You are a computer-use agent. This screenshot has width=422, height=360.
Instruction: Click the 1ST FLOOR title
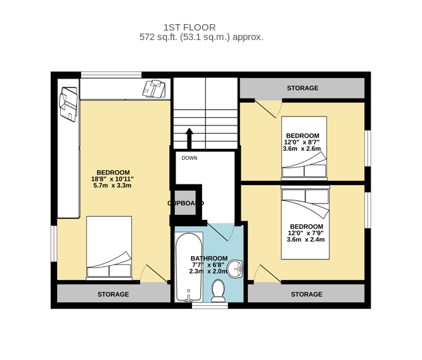(189, 27)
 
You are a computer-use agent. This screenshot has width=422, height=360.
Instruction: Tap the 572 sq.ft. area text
(201, 37)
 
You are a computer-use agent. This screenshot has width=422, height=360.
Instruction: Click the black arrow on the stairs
(189, 138)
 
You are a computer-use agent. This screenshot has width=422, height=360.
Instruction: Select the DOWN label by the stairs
(189, 158)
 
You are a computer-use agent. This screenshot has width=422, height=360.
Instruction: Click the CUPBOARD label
(186, 203)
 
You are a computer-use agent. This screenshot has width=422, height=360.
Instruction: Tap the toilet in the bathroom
(218, 291)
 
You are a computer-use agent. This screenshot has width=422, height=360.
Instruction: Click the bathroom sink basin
(235, 269)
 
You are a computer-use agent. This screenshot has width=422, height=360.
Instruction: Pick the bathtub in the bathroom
(189, 267)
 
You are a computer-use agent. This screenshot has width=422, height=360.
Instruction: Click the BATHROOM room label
(209, 259)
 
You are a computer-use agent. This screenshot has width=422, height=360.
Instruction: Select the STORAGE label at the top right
(302, 88)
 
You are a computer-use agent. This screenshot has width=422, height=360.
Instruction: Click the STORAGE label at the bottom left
(113, 294)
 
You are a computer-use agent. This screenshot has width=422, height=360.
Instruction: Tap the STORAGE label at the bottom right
(307, 294)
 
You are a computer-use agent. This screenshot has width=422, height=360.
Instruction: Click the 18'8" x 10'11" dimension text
(112, 179)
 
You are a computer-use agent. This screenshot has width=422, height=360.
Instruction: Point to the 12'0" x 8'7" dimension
(302, 142)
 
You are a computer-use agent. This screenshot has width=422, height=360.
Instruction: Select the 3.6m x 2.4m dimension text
(306, 240)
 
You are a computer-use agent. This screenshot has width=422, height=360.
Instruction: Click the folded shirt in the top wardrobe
(154, 89)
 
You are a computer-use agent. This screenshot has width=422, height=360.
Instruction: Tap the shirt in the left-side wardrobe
(68, 104)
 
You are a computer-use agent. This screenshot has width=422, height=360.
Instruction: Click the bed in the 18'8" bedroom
(109, 248)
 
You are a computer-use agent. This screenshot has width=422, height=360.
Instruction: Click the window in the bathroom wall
(210, 305)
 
